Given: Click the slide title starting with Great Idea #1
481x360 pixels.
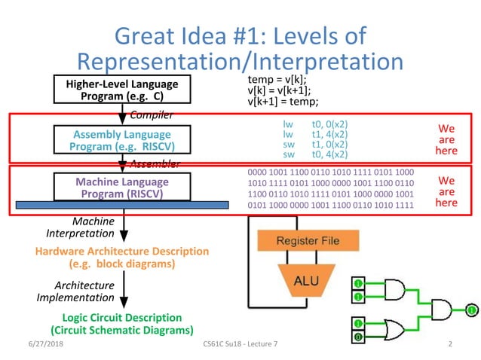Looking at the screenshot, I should [240, 48].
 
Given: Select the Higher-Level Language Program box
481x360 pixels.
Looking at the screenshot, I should [121, 90].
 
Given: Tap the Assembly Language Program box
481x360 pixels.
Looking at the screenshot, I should [121, 140].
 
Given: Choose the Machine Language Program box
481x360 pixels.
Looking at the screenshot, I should [121, 188].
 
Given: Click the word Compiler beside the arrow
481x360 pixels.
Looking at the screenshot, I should [152, 114].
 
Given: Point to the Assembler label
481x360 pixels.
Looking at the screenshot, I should [154, 163].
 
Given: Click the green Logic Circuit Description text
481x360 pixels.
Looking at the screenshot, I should [121, 324].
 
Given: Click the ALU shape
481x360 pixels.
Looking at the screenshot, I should [302, 281].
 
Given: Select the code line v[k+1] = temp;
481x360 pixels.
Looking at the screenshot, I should [283, 102].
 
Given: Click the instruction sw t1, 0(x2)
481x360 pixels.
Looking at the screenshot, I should [315, 144].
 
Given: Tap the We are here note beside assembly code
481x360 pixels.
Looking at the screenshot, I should [446, 139].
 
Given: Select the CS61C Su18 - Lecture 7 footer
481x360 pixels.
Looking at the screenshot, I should [240, 344].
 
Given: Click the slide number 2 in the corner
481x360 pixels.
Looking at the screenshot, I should [449, 344].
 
